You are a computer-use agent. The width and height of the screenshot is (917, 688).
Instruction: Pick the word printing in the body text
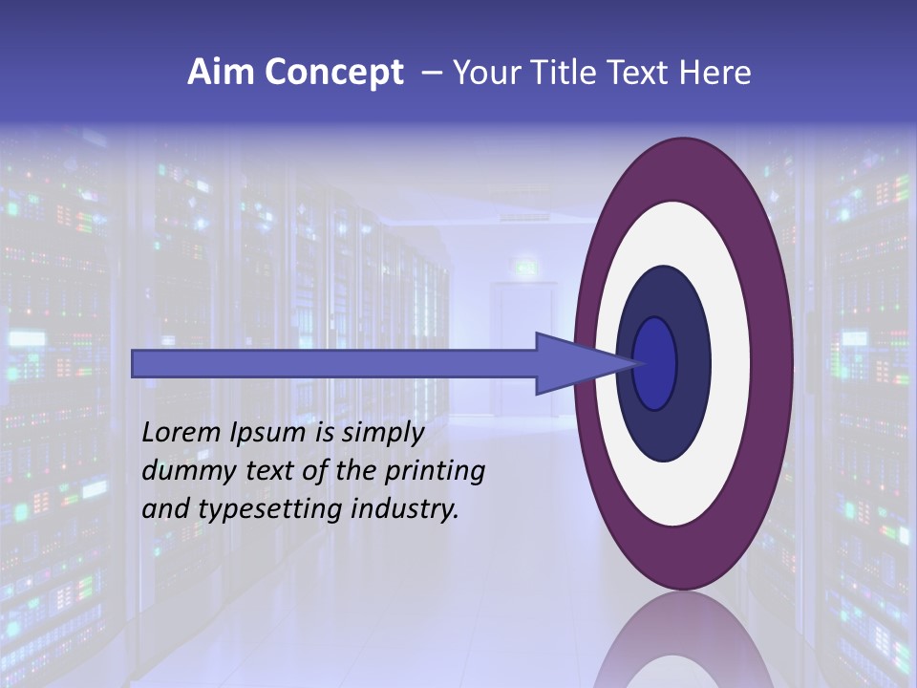click(435, 471)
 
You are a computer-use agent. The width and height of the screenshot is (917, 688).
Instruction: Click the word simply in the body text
click(382, 434)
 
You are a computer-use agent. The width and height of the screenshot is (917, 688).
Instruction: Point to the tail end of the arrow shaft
click(137, 363)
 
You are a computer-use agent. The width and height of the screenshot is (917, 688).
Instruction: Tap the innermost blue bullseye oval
click(655, 363)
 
